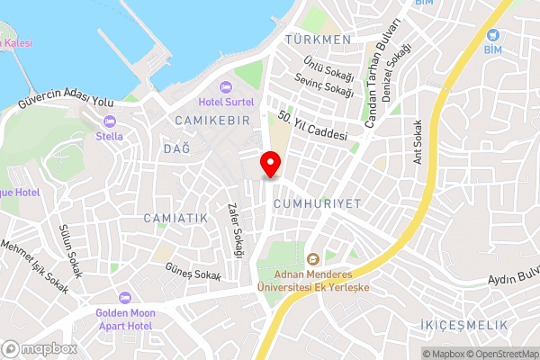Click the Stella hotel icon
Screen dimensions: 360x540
(x=110, y=121)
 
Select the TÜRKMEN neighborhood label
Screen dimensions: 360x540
(x=317, y=40)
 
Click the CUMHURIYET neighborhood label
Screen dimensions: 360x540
(x=310, y=204)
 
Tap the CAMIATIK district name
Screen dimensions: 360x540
(x=175, y=219)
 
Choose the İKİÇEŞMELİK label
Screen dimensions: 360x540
(x=463, y=324)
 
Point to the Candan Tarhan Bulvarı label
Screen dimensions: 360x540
(x=376, y=73)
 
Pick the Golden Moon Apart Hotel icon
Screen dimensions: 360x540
(x=125, y=297)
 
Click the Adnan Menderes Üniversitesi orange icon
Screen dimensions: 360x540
(x=313, y=258)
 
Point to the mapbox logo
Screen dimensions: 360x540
(x=39, y=348)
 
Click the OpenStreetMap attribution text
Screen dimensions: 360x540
(x=502, y=354)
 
